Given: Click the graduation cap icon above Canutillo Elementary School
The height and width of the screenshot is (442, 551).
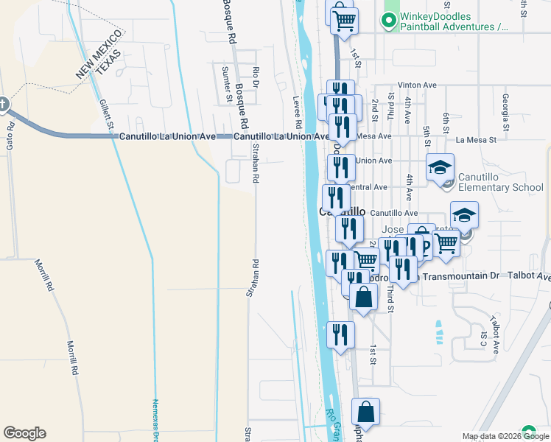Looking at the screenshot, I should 440,168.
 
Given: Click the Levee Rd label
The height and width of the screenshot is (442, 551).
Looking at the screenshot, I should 298,110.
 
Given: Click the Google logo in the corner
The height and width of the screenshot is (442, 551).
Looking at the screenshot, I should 24,433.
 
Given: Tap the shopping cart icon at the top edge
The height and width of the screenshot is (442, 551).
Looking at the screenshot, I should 344,20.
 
